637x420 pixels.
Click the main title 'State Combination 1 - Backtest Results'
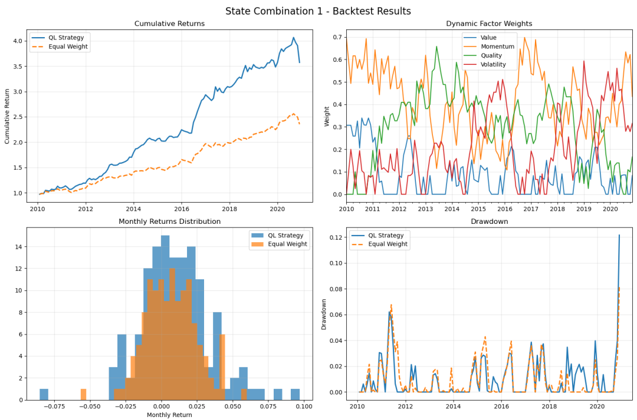pyautogui.click(x=318, y=11)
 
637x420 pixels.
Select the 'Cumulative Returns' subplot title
pyautogui.click(x=169, y=24)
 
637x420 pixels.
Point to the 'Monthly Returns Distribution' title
pyautogui.click(x=169, y=221)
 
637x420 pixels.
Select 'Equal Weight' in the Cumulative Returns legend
pyautogui.click(x=68, y=47)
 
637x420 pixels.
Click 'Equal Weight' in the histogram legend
pyautogui.click(x=288, y=244)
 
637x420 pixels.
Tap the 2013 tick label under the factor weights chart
pyautogui.click(x=425, y=209)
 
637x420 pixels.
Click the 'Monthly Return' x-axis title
pyautogui.click(x=169, y=415)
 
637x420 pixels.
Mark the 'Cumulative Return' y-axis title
pyautogui.click(x=7, y=115)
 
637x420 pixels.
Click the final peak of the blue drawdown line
pyautogui.click(x=619, y=235)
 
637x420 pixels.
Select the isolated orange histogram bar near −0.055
pyautogui.click(x=83, y=395)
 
